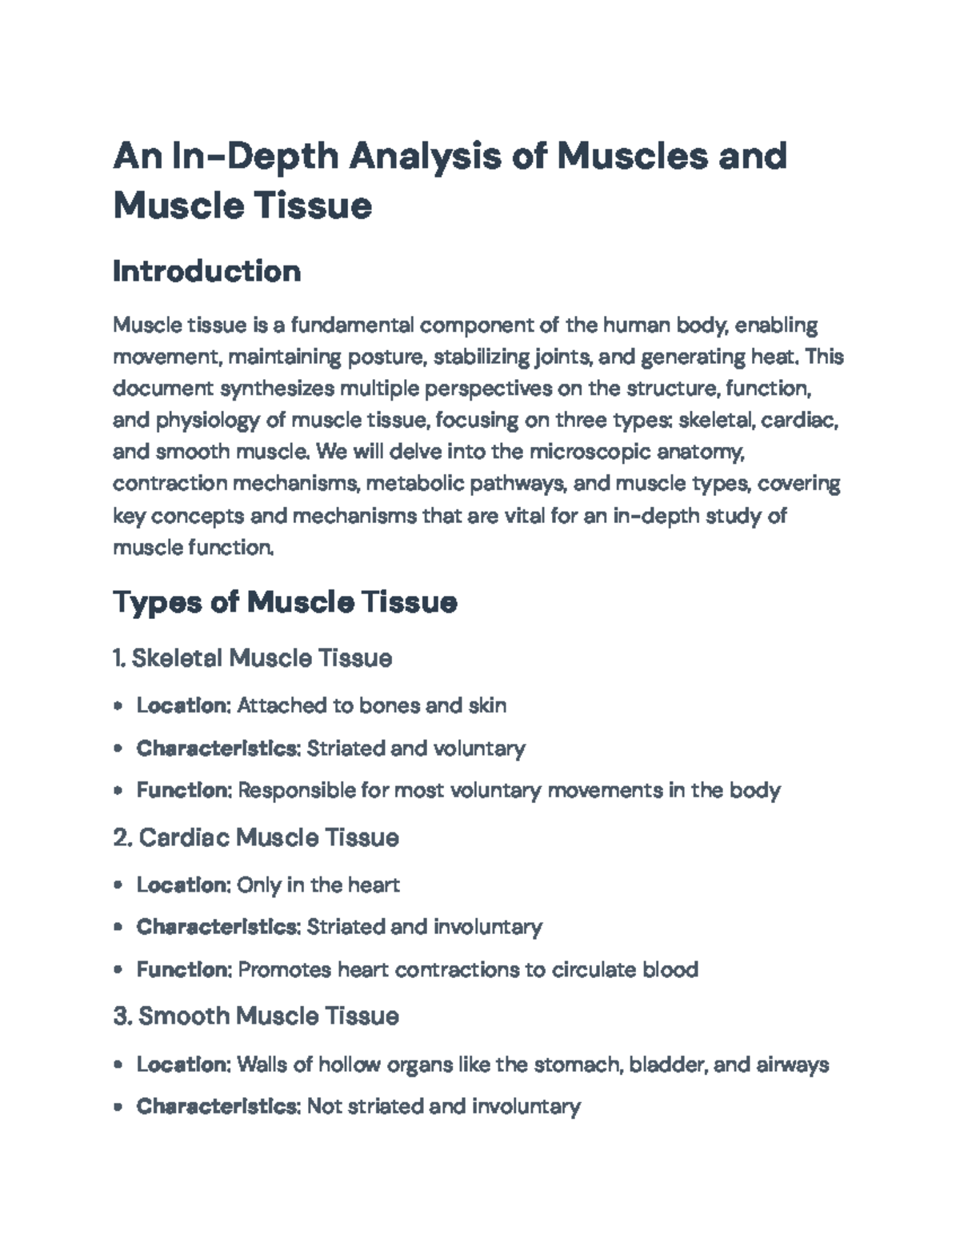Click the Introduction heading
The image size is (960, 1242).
[x=206, y=271]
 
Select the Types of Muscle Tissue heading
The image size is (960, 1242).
[x=285, y=601]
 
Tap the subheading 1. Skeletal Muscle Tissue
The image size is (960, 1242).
[x=253, y=658]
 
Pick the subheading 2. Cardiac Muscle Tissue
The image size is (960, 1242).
[x=256, y=837]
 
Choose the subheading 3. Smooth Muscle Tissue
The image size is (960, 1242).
[x=256, y=1016]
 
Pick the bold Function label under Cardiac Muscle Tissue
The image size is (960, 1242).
[x=184, y=969]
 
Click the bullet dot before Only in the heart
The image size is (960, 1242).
[x=118, y=885]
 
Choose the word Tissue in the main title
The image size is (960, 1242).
[x=313, y=206]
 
